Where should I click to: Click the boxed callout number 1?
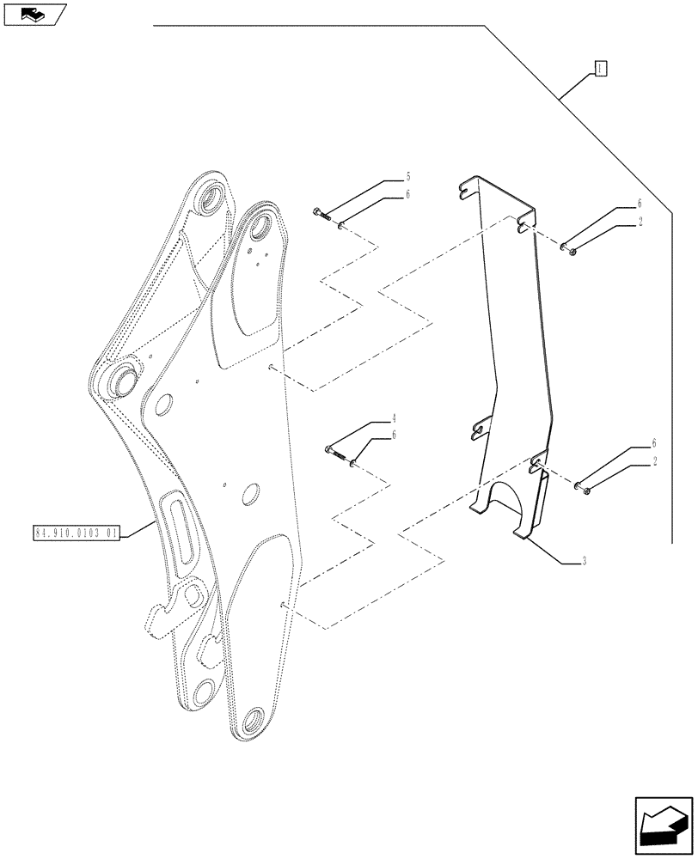coord(601,69)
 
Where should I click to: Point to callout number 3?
coord(584,562)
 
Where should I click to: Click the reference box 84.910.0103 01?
coord(77,533)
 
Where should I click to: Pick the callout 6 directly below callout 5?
coord(407,195)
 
